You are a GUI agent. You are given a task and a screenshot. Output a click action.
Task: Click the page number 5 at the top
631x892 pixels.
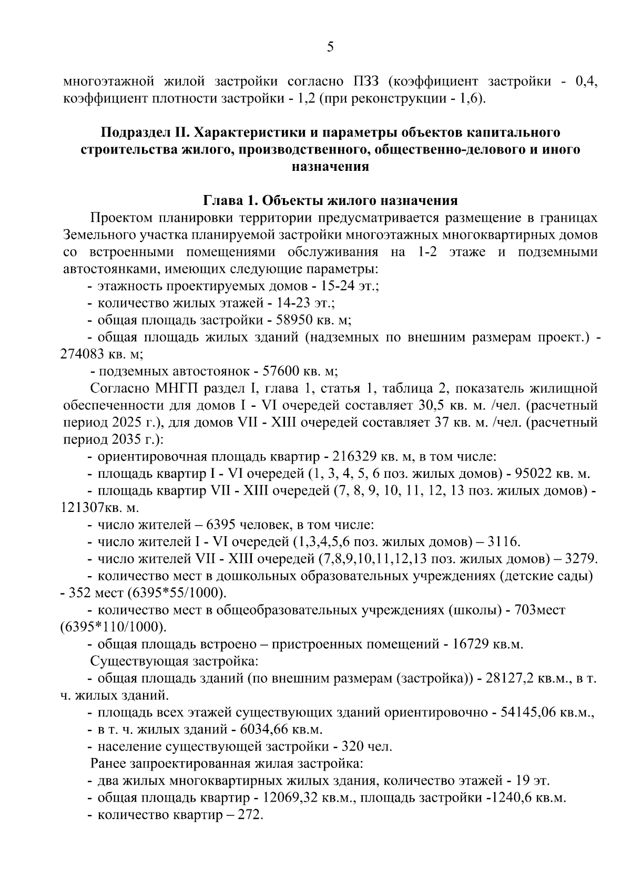(330, 47)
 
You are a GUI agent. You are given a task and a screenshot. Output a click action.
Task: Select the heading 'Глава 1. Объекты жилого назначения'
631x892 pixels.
(330, 201)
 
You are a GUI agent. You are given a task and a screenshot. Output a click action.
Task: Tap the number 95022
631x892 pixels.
(533, 474)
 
